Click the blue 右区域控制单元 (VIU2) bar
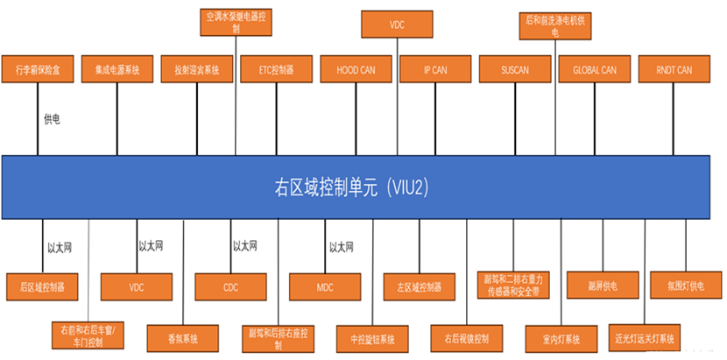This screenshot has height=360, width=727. pos(355,187)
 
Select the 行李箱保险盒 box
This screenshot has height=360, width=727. pos(35,68)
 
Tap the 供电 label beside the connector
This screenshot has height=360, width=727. pos(52,118)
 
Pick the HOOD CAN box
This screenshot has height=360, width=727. pos(356,68)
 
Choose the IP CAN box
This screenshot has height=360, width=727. pos(434,68)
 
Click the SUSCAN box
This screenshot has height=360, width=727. pos(515,68)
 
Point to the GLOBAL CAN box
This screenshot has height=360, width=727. pos(594,68)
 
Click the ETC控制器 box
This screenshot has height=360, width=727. pos(276,68)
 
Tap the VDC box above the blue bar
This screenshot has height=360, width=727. pos(397,25)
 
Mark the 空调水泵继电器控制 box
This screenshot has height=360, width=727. pos(236,22)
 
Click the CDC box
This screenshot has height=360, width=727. pos(230,286)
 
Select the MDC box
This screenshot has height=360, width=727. pos(325,286)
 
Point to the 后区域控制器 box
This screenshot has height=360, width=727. pos(42,286)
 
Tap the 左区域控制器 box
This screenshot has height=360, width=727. pos(419,286)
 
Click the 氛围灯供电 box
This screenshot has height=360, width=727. pos(687,285)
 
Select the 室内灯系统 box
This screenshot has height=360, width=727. pos(554,337)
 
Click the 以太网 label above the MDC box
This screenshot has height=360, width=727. pos(341,248)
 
